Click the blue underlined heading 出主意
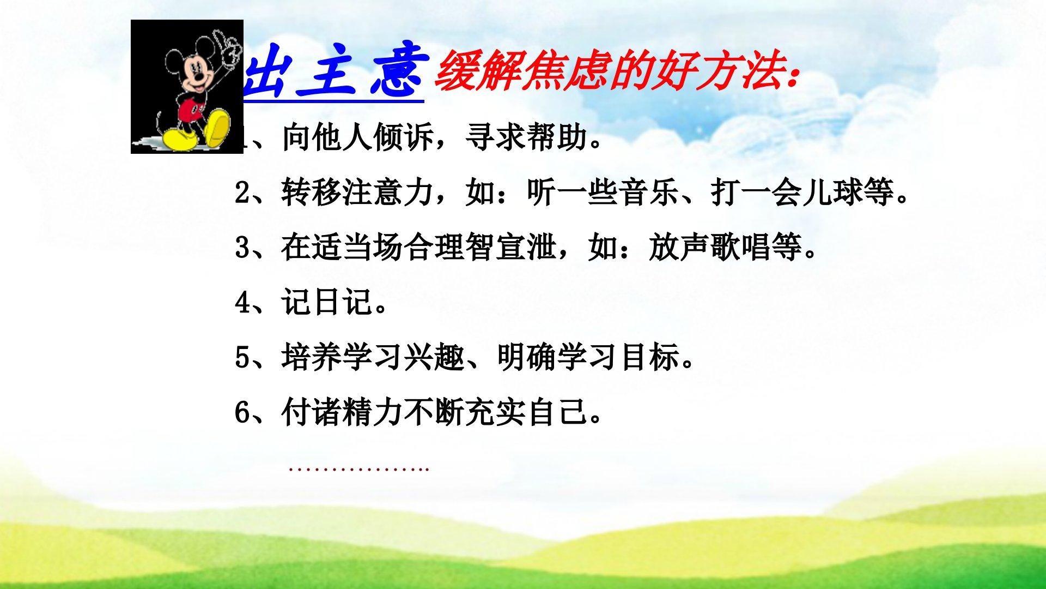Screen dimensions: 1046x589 point(333,74)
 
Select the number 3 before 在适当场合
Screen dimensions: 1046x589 point(242,248)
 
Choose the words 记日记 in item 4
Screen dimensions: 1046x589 point(327,303)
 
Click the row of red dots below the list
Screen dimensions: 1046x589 point(359,469)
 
